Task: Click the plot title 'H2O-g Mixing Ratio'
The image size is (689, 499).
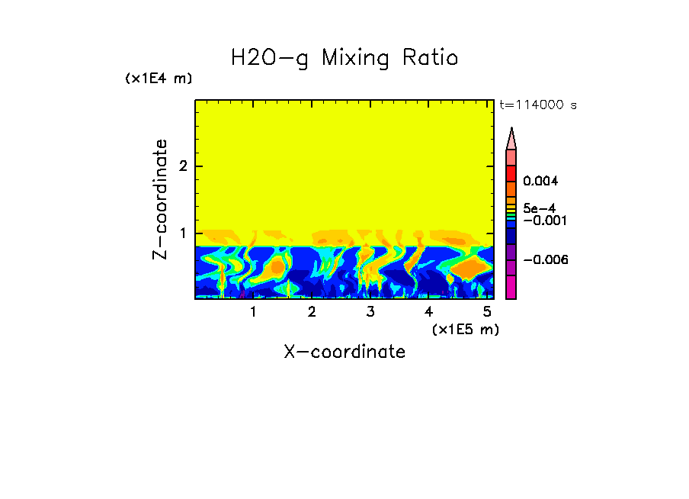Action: pos(344,58)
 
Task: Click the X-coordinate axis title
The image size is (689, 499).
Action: pos(344,352)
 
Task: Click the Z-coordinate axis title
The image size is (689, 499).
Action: pos(160,199)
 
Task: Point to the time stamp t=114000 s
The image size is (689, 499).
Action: pos(537,105)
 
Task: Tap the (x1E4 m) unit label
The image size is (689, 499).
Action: pos(159,79)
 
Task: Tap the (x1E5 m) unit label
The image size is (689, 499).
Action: pos(465,329)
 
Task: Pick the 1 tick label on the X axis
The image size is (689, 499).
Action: pos(253,312)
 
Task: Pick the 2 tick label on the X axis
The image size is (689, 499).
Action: pos(312,312)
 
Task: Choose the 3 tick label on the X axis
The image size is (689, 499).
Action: pos(370,312)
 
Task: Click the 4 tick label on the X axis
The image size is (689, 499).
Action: pos(428,312)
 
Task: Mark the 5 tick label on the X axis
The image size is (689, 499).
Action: pos(487,312)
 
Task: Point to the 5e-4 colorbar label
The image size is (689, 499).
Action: pos(539,208)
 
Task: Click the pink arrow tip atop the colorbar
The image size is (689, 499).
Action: pos(511,138)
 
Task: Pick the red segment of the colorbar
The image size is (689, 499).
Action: pos(511,173)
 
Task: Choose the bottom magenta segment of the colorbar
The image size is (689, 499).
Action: pos(511,288)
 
